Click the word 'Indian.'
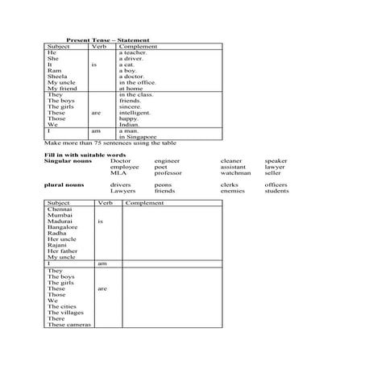(130, 125)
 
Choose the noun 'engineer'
(168, 160)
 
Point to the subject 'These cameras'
(69, 324)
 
